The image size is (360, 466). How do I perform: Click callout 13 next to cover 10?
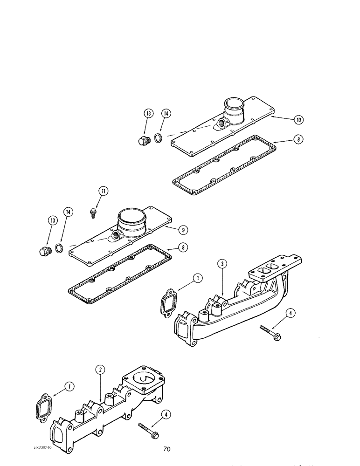pos(148,114)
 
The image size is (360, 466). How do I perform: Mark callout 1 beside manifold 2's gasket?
pos(69,386)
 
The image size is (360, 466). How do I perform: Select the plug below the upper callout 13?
pos(144,141)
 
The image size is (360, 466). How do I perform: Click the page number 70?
pos(166,449)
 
